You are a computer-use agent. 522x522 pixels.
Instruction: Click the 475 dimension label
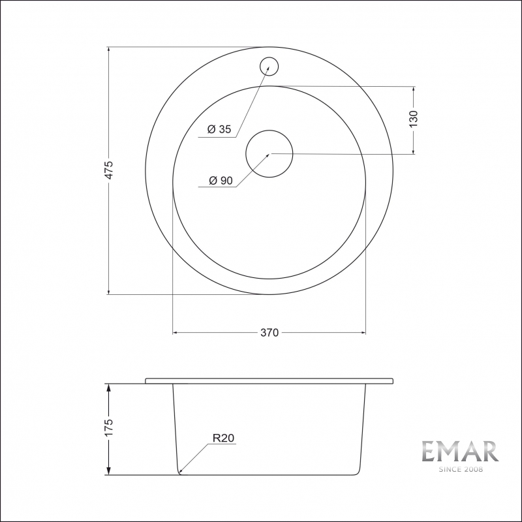(109, 170)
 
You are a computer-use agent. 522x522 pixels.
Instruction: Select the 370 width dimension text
(269, 333)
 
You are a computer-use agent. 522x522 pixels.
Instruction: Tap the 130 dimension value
(413, 119)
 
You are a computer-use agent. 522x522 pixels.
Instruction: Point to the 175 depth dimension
(109, 427)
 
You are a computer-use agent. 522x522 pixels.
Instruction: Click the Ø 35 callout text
(219, 129)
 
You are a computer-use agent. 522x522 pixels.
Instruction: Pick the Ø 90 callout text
(221, 181)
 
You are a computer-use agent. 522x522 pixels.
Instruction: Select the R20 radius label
(223, 438)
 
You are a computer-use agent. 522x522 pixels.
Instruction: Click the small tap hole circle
(269, 67)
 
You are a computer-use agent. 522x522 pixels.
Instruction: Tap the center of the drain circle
(269, 153)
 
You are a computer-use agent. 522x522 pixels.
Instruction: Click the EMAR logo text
(461, 451)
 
